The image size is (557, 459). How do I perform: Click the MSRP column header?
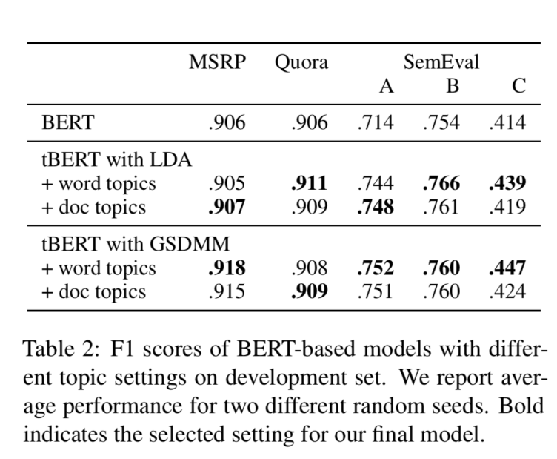(x=217, y=63)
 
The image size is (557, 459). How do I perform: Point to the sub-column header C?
(x=518, y=87)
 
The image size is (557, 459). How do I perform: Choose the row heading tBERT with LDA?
(x=116, y=160)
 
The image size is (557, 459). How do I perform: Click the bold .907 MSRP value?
(x=227, y=207)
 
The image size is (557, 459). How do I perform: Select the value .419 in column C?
(x=507, y=207)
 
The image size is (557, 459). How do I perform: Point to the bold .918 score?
(x=227, y=268)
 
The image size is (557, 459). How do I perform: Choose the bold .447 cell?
(x=507, y=268)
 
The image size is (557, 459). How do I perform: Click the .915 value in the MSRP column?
(x=227, y=291)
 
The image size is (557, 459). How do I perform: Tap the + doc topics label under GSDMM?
(x=93, y=291)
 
